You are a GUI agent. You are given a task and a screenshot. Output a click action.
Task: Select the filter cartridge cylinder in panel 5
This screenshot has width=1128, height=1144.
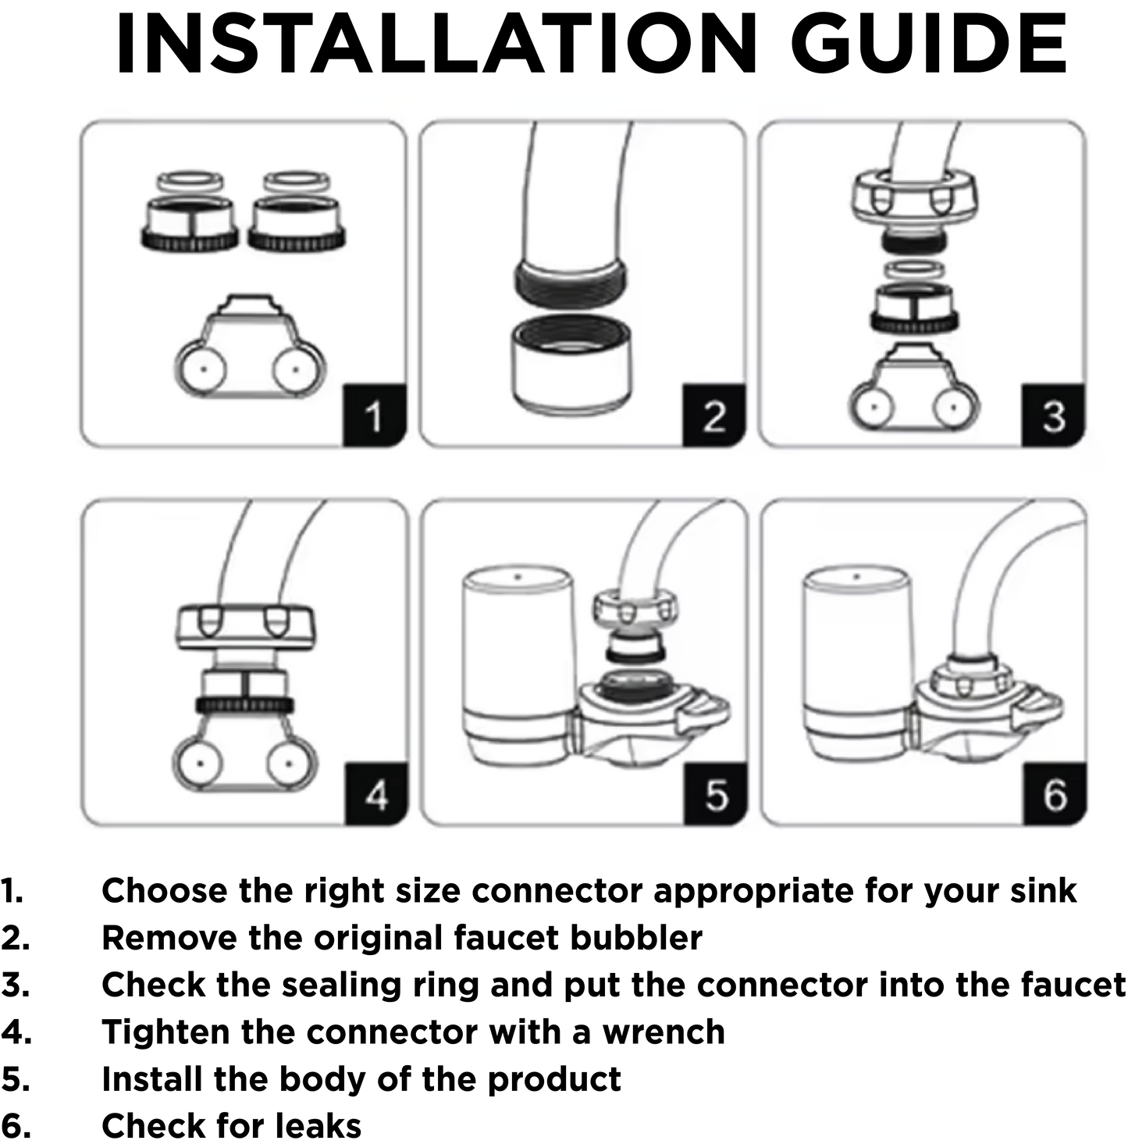518,656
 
